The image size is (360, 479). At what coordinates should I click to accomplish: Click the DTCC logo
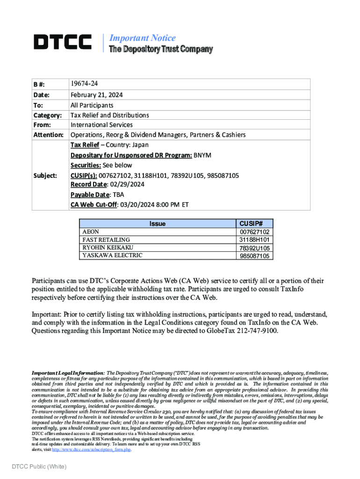tap(62, 42)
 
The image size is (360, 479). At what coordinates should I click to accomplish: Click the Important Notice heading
tap(142, 38)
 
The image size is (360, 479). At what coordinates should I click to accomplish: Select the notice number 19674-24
tap(84, 84)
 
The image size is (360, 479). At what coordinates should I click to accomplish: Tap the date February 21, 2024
tap(97, 94)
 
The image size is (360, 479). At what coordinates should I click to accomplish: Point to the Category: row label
tap(47, 115)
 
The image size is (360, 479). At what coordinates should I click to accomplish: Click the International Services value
tap(101, 125)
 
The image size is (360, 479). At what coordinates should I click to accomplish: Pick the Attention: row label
tap(48, 135)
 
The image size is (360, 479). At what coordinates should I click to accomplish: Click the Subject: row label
tap(44, 175)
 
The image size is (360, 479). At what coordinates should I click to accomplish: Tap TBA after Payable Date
tap(119, 195)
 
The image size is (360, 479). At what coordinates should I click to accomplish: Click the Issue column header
tap(157, 224)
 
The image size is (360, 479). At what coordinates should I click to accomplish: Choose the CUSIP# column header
tap(254, 224)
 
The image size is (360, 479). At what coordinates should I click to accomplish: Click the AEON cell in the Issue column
tap(91, 232)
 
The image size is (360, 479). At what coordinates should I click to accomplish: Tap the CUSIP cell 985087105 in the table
tap(254, 256)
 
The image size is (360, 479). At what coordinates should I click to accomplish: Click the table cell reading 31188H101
tap(254, 239)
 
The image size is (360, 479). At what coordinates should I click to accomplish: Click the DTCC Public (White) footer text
tap(39, 466)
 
